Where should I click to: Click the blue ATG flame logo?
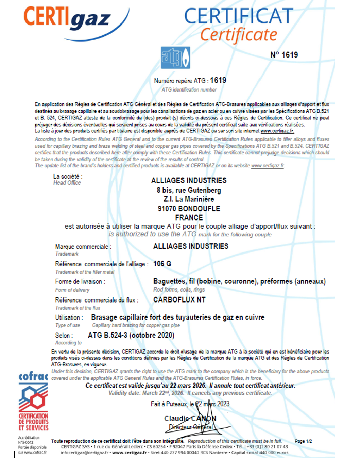pos(175,58)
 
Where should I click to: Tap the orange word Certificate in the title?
pos(238,35)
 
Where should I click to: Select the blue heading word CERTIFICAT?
pos(239,16)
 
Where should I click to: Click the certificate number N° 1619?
pos(284,55)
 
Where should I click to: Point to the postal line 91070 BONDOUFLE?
pos(189,209)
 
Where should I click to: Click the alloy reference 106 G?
pos(162,264)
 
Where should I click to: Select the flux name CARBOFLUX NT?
pos(179,300)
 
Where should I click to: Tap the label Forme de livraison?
pos(80,282)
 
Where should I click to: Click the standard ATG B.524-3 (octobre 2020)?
pos(131,335)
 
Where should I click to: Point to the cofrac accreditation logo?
pos(33,401)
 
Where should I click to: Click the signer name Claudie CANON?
pos(190,419)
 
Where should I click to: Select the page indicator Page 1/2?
pos(303,441)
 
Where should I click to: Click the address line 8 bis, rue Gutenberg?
pos(189,190)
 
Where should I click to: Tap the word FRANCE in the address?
pos(189,217)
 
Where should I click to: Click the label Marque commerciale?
pos(83,247)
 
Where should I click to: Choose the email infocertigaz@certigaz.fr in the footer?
pos(84,453)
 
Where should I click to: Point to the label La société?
pos(67,176)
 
